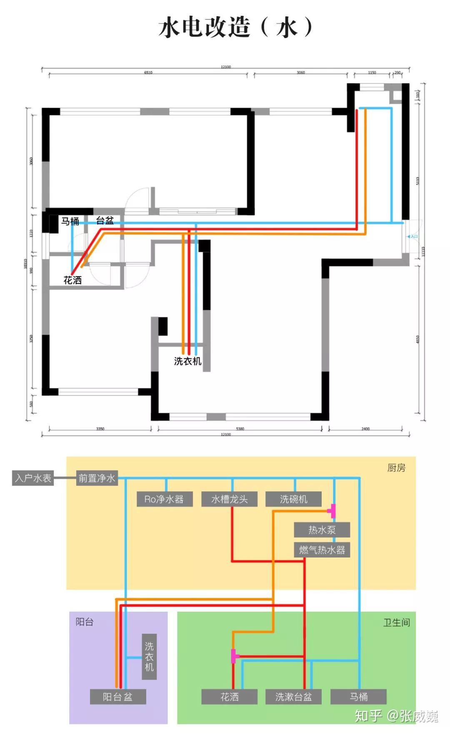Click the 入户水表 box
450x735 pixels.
pyautogui.click(x=33, y=478)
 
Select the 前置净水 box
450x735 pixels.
pyautogui.click(x=97, y=478)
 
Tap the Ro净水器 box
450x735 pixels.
pyautogui.click(x=164, y=499)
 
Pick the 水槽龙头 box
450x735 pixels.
pyautogui.click(x=229, y=499)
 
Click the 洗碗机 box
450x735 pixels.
pyautogui.click(x=293, y=499)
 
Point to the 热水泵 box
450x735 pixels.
pyautogui.click(x=322, y=530)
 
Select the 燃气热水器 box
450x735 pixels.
pyautogui.click(x=322, y=550)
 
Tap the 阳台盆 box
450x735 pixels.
pyautogui.click(x=118, y=697)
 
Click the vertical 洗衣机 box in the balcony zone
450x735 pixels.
pyautogui.click(x=149, y=657)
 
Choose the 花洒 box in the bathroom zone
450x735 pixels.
pyautogui.click(x=229, y=697)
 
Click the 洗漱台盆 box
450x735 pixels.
pyautogui.click(x=293, y=697)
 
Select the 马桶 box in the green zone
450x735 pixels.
pyautogui.click(x=358, y=697)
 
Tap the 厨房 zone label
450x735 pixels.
pyautogui.click(x=396, y=468)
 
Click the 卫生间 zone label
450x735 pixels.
pyautogui.click(x=396, y=622)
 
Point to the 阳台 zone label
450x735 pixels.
pyautogui.click(x=85, y=622)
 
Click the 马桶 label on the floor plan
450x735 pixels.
pyautogui.click(x=70, y=221)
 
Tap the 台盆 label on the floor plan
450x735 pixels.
pyautogui.click(x=105, y=220)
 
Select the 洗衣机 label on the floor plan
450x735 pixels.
pyautogui.click(x=187, y=361)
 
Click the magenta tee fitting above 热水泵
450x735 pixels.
pyautogui.click(x=332, y=510)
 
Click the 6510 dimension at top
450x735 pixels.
pyautogui.click(x=148, y=72)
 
